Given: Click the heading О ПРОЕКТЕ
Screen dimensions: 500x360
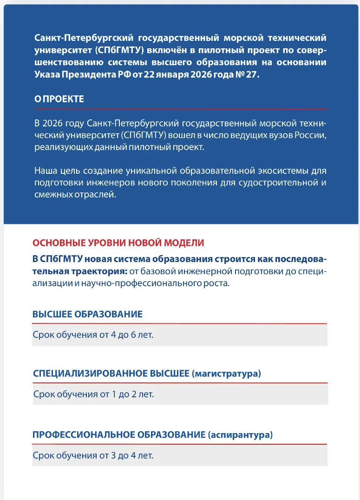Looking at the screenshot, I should (x=59, y=99).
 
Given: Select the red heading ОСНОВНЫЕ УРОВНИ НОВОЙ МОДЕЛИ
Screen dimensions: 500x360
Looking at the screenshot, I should (x=118, y=243).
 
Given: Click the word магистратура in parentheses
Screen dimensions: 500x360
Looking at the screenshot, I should (x=226, y=373).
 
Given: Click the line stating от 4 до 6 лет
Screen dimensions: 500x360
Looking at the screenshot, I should (x=93, y=335).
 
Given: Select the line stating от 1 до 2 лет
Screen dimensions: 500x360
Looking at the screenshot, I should (x=93, y=395).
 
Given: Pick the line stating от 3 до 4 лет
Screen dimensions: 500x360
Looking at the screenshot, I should (x=93, y=455).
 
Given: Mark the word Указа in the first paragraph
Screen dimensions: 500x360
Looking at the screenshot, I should (x=46, y=75).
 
